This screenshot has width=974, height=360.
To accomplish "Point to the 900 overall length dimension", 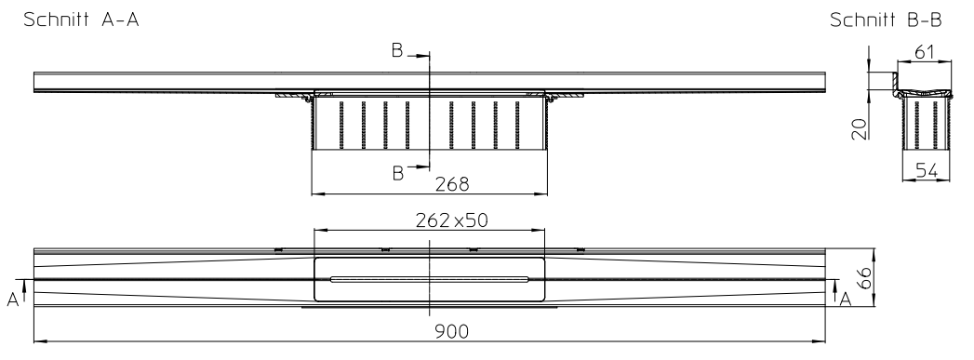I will coord(453,332).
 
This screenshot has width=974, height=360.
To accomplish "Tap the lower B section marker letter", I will coord(397,172).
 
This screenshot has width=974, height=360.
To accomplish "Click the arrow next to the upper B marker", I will coord(417,56).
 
